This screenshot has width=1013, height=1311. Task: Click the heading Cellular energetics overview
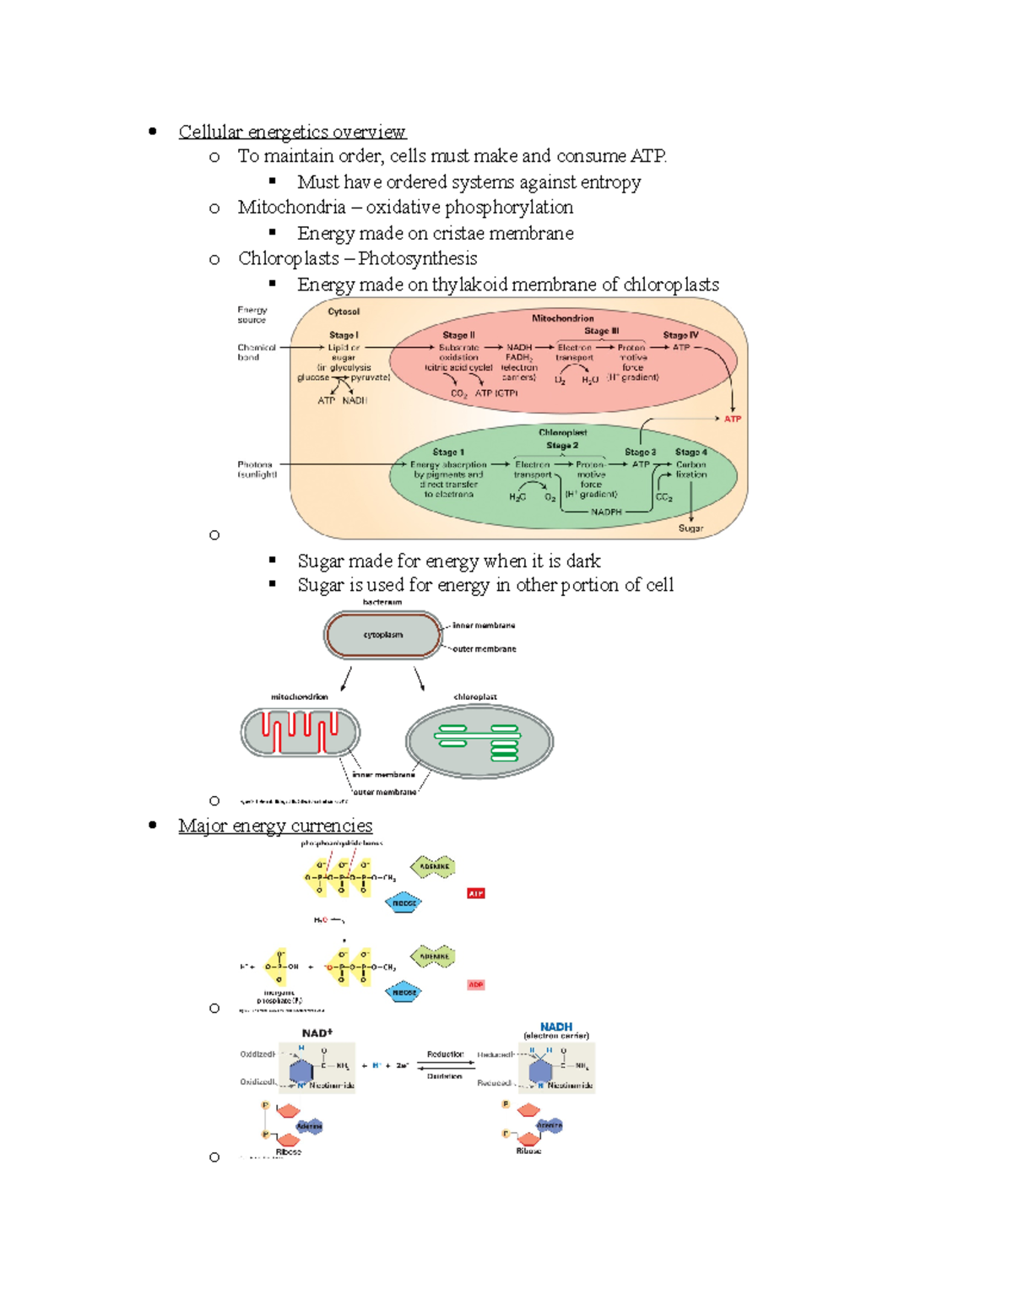pyautogui.click(x=292, y=132)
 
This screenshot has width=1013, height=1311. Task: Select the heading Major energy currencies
pyautogui.click(x=275, y=826)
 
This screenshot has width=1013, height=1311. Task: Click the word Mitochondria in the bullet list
pyautogui.click(x=291, y=208)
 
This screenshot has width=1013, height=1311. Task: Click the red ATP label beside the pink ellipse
pyautogui.click(x=732, y=419)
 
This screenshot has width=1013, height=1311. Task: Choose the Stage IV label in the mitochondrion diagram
pyautogui.click(x=680, y=335)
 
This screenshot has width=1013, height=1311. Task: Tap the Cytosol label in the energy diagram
pyautogui.click(x=344, y=311)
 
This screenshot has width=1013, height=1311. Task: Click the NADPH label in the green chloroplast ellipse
pyautogui.click(x=606, y=512)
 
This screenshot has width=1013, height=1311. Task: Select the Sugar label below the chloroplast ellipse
pyautogui.click(x=691, y=528)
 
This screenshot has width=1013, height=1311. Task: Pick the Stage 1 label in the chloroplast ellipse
pyautogui.click(x=448, y=452)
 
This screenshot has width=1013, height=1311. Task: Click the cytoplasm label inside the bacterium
pyautogui.click(x=383, y=635)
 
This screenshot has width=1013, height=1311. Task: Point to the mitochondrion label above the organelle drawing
pyautogui.click(x=299, y=697)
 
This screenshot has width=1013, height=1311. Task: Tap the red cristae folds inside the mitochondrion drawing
pyautogui.click(x=300, y=731)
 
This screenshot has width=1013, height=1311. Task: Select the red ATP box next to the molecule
pyautogui.click(x=476, y=893)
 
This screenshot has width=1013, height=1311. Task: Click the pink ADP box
pyautogui.click(x=476, y=984)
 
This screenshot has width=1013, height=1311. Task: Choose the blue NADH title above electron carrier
pyautogui.click(x=556, y=1027)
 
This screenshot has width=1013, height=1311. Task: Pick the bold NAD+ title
pyautogui.click(x=317, y=1033)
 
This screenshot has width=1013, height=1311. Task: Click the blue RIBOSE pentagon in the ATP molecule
pyautogui.click(x=404, y=903)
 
